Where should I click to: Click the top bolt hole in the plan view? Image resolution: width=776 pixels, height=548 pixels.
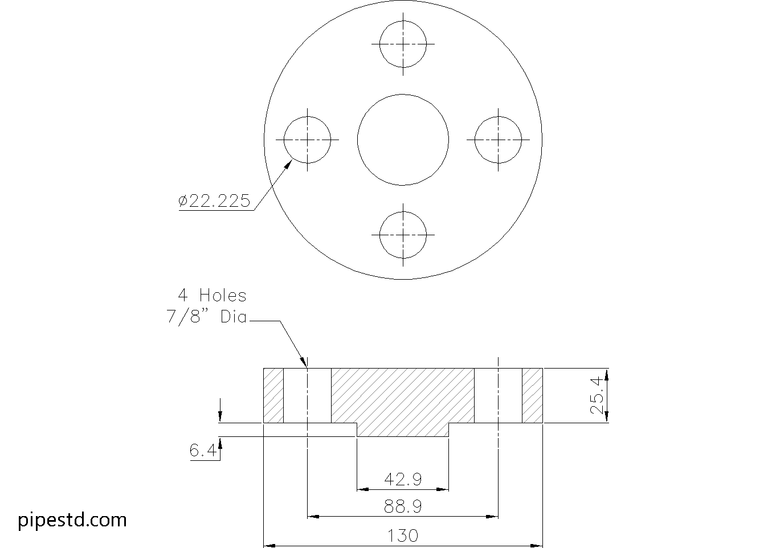click(x=403, y=44)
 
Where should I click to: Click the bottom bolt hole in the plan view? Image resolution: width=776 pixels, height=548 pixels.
click(x=403, y=235)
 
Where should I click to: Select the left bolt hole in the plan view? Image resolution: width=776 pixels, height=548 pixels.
click(x=307, y=139)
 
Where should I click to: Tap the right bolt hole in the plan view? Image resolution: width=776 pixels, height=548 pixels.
click(x=498, y=139)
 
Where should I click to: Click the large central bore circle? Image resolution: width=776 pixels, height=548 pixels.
click(x=403, y=139)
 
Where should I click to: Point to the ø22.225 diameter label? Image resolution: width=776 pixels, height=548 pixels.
click(x=214, y=201)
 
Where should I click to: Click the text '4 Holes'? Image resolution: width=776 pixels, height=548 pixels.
click(x=212, y=296)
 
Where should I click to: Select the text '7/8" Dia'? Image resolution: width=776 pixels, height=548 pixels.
click(x=207, y=317)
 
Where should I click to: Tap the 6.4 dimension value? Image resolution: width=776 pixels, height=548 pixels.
click(x=202, y=451)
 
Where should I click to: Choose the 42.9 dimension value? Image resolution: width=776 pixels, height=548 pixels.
click(x=403, y=480)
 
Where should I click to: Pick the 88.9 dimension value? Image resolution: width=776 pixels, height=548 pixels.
click(x=403, y=506)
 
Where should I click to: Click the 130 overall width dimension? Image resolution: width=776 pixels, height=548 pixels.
click(x=403, y=535)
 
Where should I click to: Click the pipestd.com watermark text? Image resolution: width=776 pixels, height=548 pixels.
click(x=72, y=520)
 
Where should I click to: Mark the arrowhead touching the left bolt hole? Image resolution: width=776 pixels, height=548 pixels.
click(x=288, y=165)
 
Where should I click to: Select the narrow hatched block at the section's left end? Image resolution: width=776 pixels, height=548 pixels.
click(x=273, y=396)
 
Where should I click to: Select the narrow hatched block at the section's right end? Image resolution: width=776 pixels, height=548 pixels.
click(x=532, y=396)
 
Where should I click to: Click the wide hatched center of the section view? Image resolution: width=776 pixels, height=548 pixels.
click(x=403, y=399)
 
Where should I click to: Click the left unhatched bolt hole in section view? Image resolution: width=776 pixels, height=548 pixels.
click(x=307, y=396)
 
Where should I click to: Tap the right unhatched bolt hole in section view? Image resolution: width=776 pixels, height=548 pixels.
click(x=498, y=396)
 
